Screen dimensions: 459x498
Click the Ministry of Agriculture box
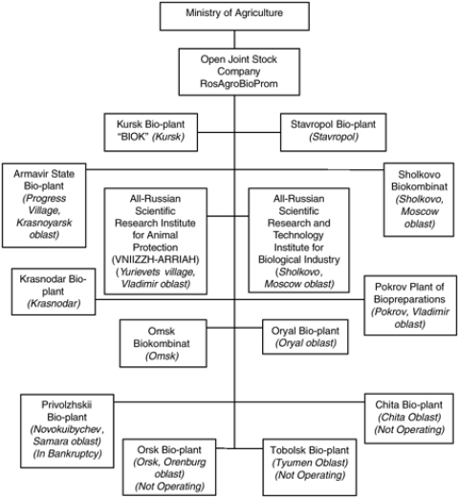[x=234, y=16]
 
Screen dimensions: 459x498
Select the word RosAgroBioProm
[x=239, y=83]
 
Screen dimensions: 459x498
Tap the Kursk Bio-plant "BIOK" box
[x=151, y=132]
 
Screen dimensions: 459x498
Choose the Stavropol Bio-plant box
[x=334, y=132]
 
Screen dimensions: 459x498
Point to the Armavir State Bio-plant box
[x=44, y=206]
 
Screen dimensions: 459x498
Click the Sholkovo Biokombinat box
[x=419, y=200]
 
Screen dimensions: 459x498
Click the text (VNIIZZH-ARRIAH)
[x=155, y=260]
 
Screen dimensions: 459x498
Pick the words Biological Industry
[x=299, y=260]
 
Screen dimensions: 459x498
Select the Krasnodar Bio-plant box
[x=54, y=292]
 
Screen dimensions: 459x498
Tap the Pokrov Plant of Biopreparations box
[x=410, y=305]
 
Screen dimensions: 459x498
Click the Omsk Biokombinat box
[x=164, y=343]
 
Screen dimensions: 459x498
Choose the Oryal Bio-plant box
[x=305, y=336]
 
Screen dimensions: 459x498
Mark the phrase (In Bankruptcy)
[x=67, y=454]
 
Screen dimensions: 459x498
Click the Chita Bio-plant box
[x=409, y=419]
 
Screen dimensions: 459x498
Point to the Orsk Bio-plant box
[x=169, y=467]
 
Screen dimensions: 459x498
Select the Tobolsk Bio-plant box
[x=310, y=467]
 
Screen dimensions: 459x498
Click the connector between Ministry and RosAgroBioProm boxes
[x=234, y=39]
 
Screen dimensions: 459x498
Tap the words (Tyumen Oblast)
[x=310, y=463]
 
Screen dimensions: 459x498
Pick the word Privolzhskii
[x=67, y=404]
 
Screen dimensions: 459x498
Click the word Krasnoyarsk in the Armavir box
[x=44, y=223]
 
